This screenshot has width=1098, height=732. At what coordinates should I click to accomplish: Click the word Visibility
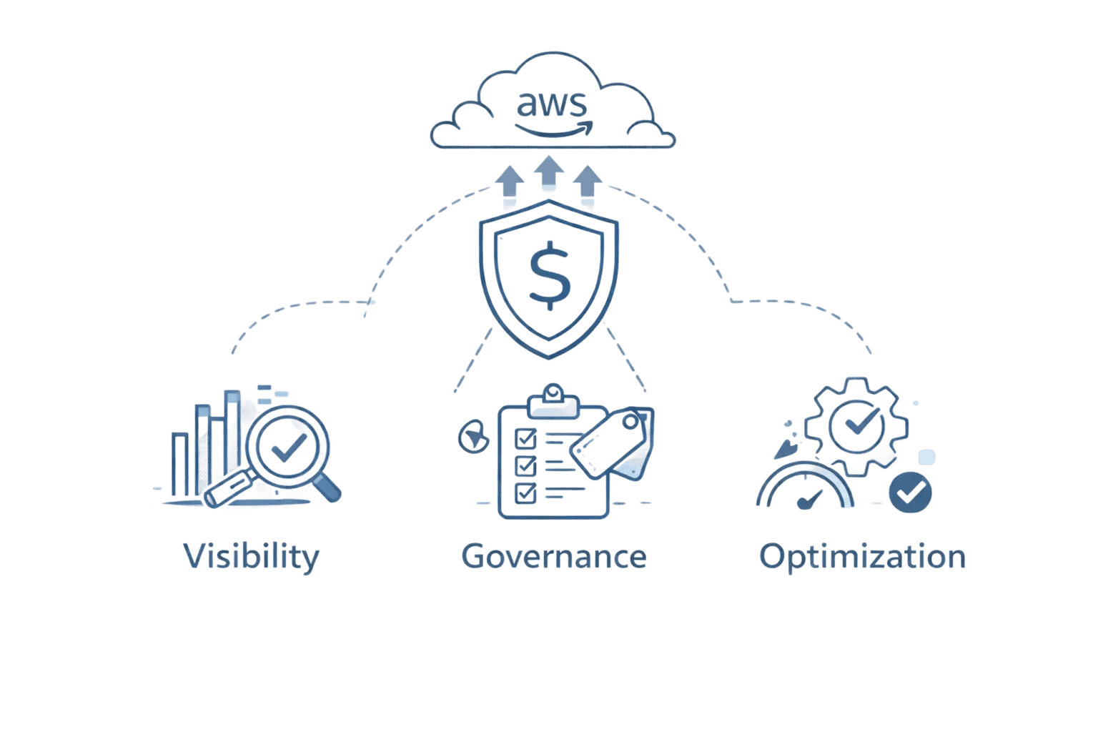tap(251, 557)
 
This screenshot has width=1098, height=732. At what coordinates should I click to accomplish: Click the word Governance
tap(554, 556)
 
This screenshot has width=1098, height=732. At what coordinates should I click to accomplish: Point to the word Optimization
tap(861, 557)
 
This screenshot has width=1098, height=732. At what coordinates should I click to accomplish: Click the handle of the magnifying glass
tap(327, 486)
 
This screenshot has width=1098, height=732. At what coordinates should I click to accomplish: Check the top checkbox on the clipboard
tap(525, 437)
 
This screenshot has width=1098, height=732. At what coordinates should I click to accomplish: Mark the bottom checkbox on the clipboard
tap(525, 493)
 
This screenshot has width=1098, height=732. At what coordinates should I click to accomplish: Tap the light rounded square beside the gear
tap(926, 457)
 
